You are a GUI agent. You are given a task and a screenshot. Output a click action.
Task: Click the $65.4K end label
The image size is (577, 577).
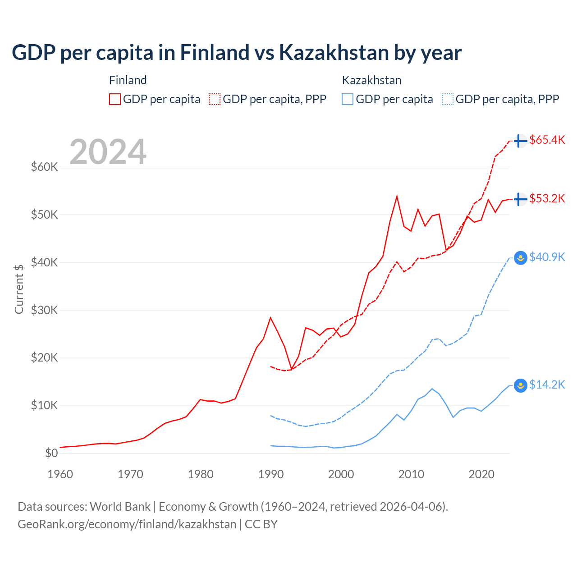pos(547,140)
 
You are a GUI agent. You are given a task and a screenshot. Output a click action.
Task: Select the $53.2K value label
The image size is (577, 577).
pos(547,199)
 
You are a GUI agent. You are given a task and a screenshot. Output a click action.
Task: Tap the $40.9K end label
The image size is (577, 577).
pos(547,257)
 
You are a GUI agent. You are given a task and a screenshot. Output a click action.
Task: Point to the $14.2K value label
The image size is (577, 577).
pos(547,385)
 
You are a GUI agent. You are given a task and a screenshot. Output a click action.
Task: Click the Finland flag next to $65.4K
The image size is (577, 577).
pos(521,141)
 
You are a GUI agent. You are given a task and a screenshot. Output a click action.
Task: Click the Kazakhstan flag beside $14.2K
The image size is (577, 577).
pos(521,385)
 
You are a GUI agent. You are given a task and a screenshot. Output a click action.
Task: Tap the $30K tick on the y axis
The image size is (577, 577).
pos(44,310)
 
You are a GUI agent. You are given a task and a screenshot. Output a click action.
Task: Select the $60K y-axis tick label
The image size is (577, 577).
pos(44,167)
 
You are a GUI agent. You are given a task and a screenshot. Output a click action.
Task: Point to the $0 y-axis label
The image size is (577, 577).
pos(51,453)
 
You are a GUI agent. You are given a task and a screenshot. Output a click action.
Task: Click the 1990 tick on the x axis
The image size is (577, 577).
pos(271,474)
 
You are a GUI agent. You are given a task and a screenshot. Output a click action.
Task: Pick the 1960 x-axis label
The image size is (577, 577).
pos(60,474)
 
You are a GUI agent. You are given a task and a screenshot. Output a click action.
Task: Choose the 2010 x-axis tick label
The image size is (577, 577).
pos(411,474)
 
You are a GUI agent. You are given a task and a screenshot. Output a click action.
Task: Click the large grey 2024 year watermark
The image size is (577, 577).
pos(108,152)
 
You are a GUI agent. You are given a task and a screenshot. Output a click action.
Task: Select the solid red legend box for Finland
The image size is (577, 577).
pos(115,99)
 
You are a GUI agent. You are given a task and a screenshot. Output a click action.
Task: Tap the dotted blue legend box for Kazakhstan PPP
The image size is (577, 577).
pos(448,99)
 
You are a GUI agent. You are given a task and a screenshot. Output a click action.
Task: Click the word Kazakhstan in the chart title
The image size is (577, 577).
pos(334,52)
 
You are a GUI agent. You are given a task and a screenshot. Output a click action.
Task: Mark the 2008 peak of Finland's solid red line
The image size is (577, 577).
pos(397,196)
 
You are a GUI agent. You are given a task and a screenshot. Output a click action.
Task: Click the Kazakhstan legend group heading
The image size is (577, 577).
pos(371,80)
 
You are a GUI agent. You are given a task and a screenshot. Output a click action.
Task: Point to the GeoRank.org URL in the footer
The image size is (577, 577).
pos(127,524)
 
